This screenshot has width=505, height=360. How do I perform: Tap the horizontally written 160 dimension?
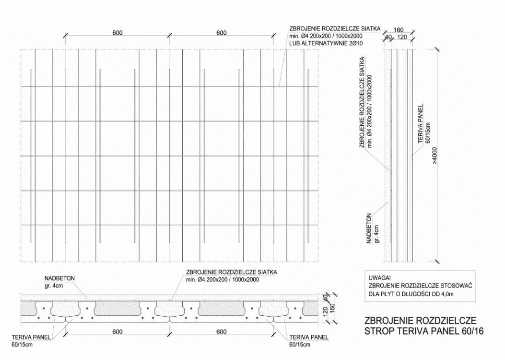coord(399,29)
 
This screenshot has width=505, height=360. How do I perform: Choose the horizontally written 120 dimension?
coord(403,36)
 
